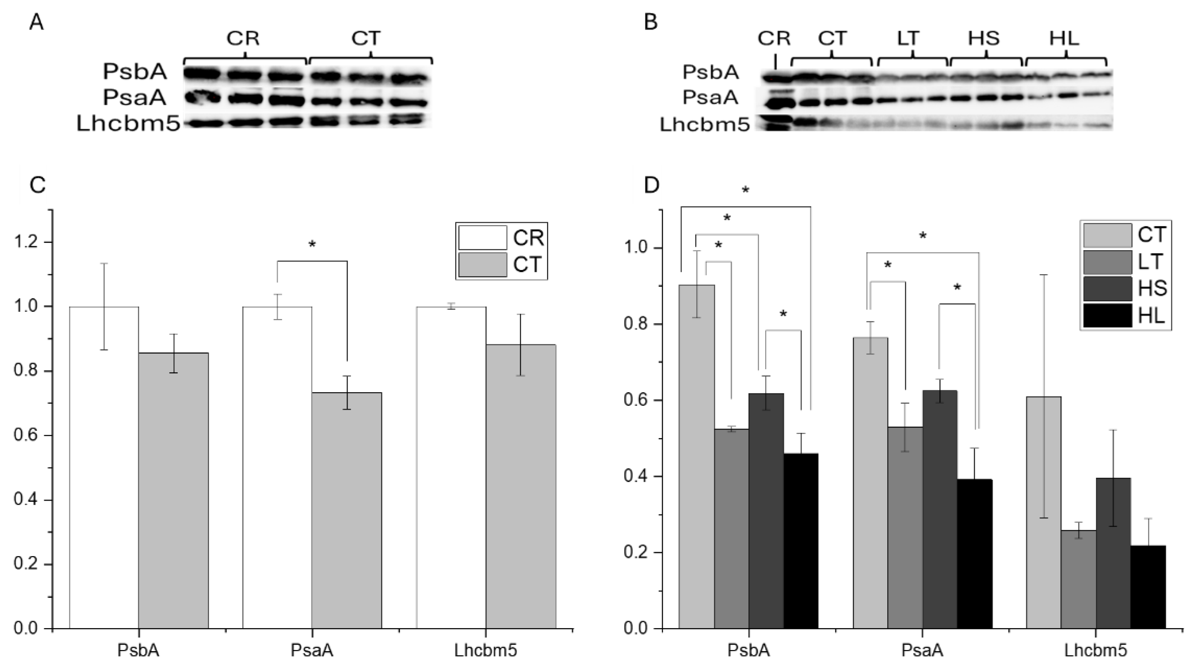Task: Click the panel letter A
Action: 36,22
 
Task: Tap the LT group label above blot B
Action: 908,38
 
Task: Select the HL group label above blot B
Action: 1064,38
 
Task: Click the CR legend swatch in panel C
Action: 482,238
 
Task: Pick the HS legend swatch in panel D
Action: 1107,289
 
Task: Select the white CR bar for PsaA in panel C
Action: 277,468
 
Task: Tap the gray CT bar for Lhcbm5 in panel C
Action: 521,486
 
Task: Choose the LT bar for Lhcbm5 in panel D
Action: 1078,579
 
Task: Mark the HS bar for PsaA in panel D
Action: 939,509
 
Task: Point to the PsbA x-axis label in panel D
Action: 748,651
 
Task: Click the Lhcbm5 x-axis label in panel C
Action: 485,651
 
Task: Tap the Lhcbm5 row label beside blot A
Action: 128,124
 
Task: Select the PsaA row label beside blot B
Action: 710,98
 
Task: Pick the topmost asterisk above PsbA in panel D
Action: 745,190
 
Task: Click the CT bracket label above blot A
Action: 366,38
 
